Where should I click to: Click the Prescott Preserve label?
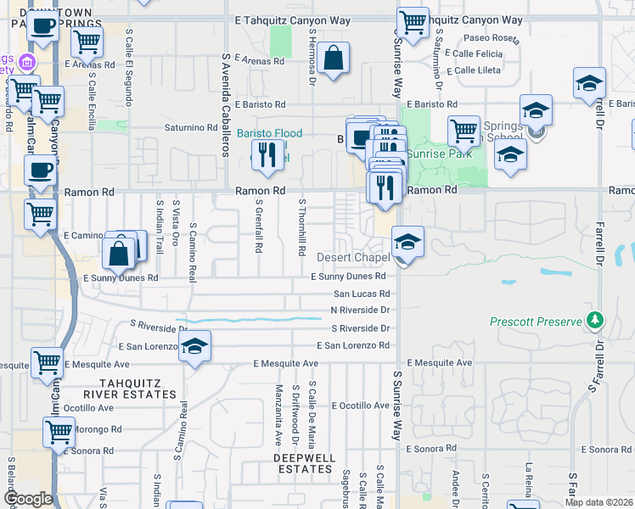(x=535, y=322)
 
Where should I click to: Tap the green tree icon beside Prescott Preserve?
(x=595, y=320)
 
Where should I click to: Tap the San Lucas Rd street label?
(x=361, y=294)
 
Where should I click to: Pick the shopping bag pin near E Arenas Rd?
(x=335, y=59)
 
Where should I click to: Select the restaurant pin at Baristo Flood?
(x=266, y=155)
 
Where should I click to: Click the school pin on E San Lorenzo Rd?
(x=194, y=346)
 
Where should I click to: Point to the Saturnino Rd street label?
(x=191, y=128)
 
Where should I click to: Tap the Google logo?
(x=28, y=499)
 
